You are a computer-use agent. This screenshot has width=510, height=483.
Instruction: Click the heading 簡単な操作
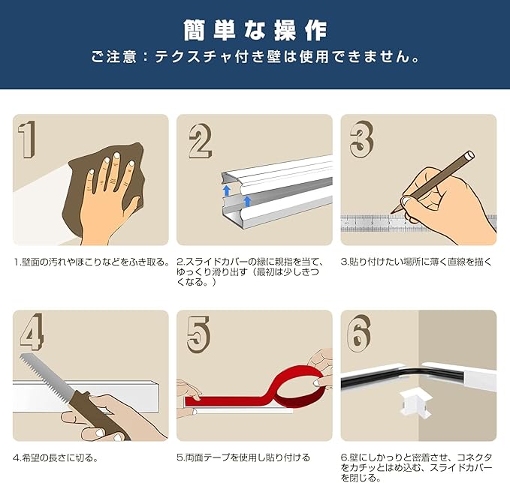[x=255, y=31]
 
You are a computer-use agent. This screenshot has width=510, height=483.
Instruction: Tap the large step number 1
[x=27, y=139]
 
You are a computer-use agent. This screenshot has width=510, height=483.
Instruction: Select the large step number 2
[x=201, y=141]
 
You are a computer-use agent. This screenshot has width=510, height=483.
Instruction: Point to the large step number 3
[x=362, y=139]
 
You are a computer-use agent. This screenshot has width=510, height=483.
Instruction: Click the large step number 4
[x=32, y=331]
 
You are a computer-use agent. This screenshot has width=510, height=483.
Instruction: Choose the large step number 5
[x=199, y=334]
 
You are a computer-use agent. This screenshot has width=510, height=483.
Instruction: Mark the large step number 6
[x=359, y=333]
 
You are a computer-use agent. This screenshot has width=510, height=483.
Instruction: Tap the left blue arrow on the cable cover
[x=227, y=190]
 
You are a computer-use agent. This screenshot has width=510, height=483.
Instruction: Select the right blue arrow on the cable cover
[x=248, y=201]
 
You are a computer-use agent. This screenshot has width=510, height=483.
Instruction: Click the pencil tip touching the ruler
[x=392, y=213]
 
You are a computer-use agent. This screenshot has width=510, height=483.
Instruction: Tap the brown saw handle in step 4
[x=96, y=415]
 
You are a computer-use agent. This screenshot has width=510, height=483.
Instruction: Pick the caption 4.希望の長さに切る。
[x=56, y=458]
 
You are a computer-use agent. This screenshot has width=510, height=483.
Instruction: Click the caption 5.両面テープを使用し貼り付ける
[x=243, y=457]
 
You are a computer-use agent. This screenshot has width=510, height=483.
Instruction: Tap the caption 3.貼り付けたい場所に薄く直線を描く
[x=416, y=262]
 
